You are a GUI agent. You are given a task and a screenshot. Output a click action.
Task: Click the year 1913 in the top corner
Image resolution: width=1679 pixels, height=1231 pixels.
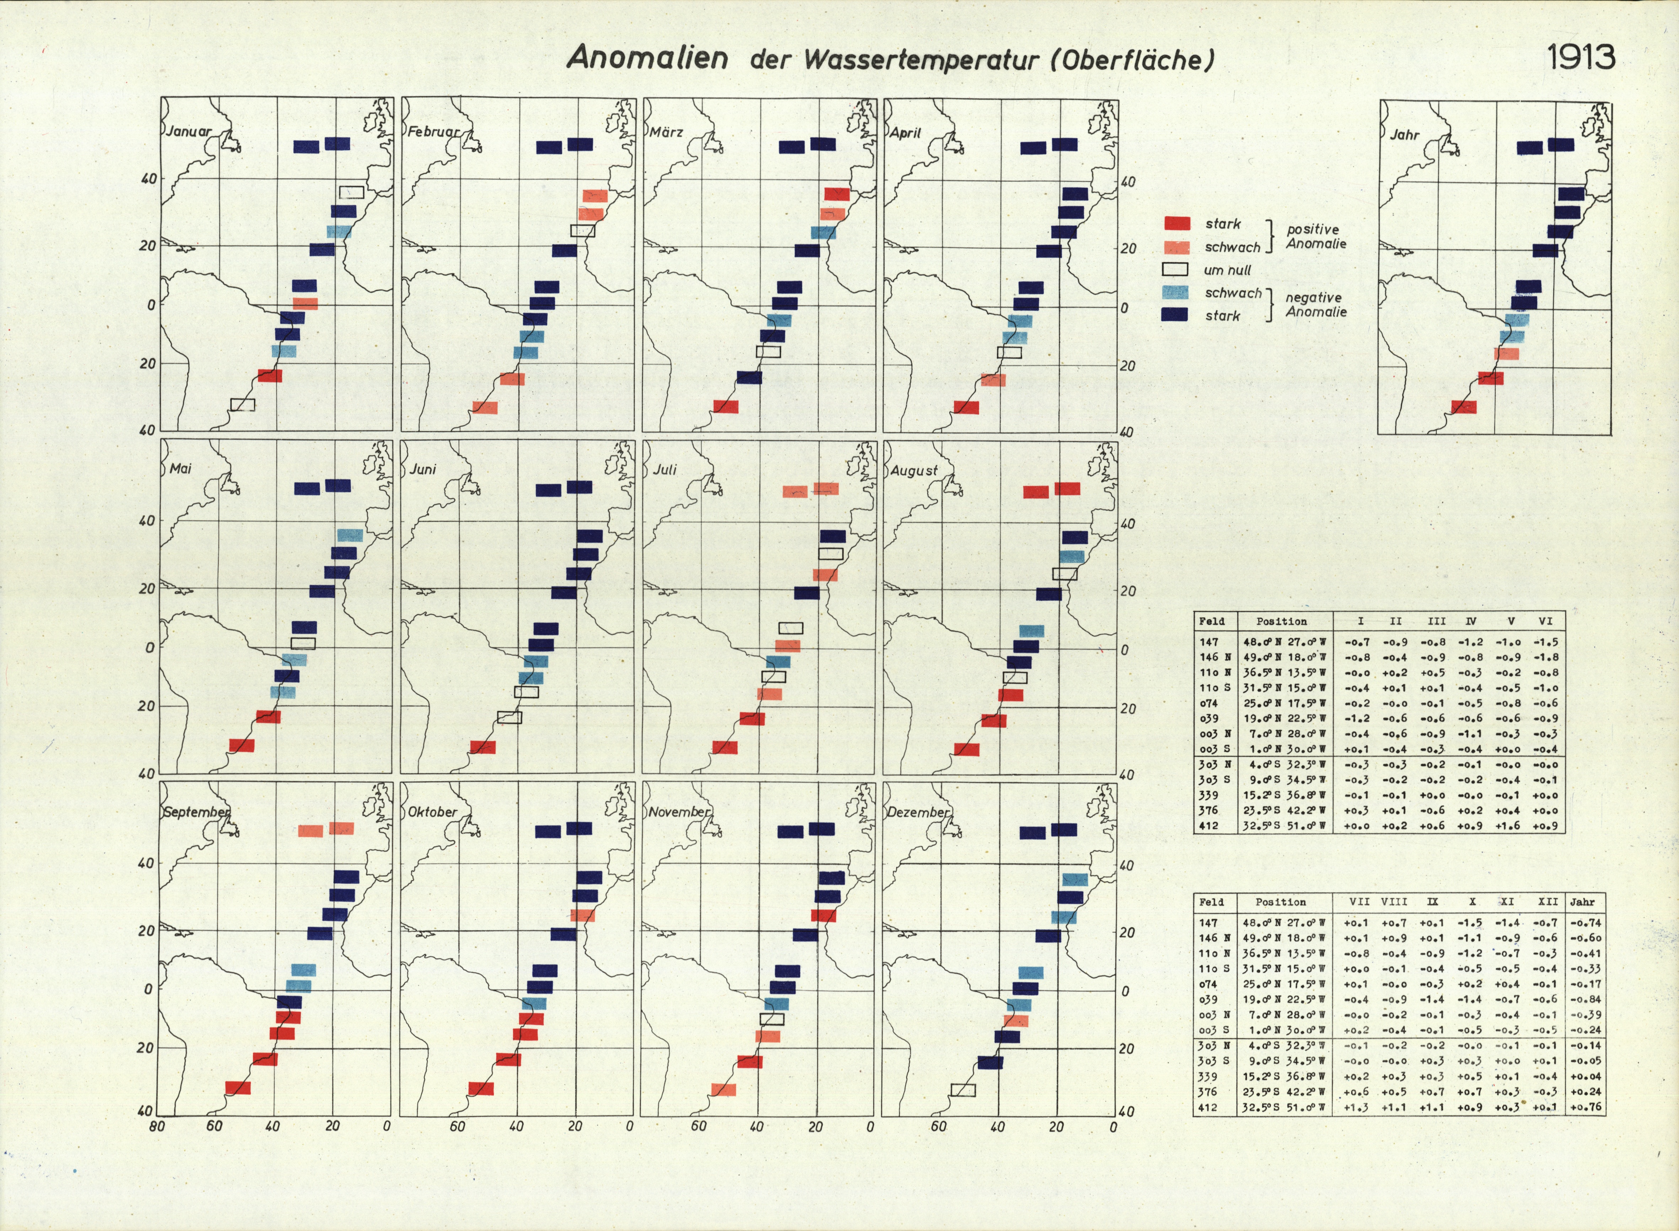pos(1581,57)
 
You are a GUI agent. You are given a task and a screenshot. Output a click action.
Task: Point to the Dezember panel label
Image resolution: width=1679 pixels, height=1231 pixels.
pos(918,813)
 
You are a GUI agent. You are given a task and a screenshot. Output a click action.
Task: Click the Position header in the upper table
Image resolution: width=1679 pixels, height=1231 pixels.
pos(1281,622)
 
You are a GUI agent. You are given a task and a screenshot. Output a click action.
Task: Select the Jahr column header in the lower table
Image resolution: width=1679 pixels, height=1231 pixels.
pos(1582,902)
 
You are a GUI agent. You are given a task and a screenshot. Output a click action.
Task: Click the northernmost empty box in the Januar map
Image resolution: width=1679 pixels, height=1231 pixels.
pos(352,192)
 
